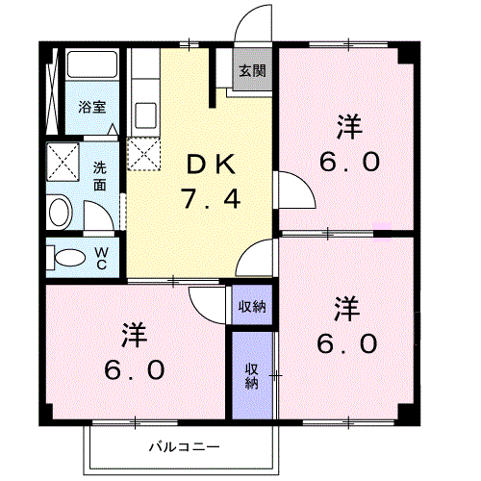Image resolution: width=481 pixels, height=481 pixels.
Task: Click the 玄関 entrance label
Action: coord(253,71)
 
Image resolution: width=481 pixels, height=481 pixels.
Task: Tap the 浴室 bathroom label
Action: coord(92,107)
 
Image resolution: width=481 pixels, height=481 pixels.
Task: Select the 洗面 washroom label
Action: coord(100,176)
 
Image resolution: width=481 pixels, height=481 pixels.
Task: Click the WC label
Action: coord(101,258)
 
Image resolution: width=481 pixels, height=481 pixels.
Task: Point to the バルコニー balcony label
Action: coord(185,446)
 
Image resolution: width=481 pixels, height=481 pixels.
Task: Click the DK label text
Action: coord(211,165)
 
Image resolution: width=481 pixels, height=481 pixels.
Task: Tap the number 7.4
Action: coord(211,199)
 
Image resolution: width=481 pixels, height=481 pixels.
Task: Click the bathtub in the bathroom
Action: coord(92,64)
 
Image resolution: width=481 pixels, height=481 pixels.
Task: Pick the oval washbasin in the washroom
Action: coord(60,212)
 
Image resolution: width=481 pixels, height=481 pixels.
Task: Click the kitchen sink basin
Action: coord(146,115)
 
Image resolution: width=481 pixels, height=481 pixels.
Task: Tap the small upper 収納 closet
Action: coord(252,305)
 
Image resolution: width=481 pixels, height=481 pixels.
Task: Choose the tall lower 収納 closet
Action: coord(252,375)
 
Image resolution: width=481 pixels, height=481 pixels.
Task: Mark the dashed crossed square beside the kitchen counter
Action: coord(143,154)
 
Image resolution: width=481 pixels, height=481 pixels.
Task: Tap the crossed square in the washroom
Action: coord(63,162)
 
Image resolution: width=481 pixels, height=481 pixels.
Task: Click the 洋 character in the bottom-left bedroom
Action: coord(135,336)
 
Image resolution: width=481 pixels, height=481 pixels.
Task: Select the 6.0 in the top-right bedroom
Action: coord(349,162)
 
